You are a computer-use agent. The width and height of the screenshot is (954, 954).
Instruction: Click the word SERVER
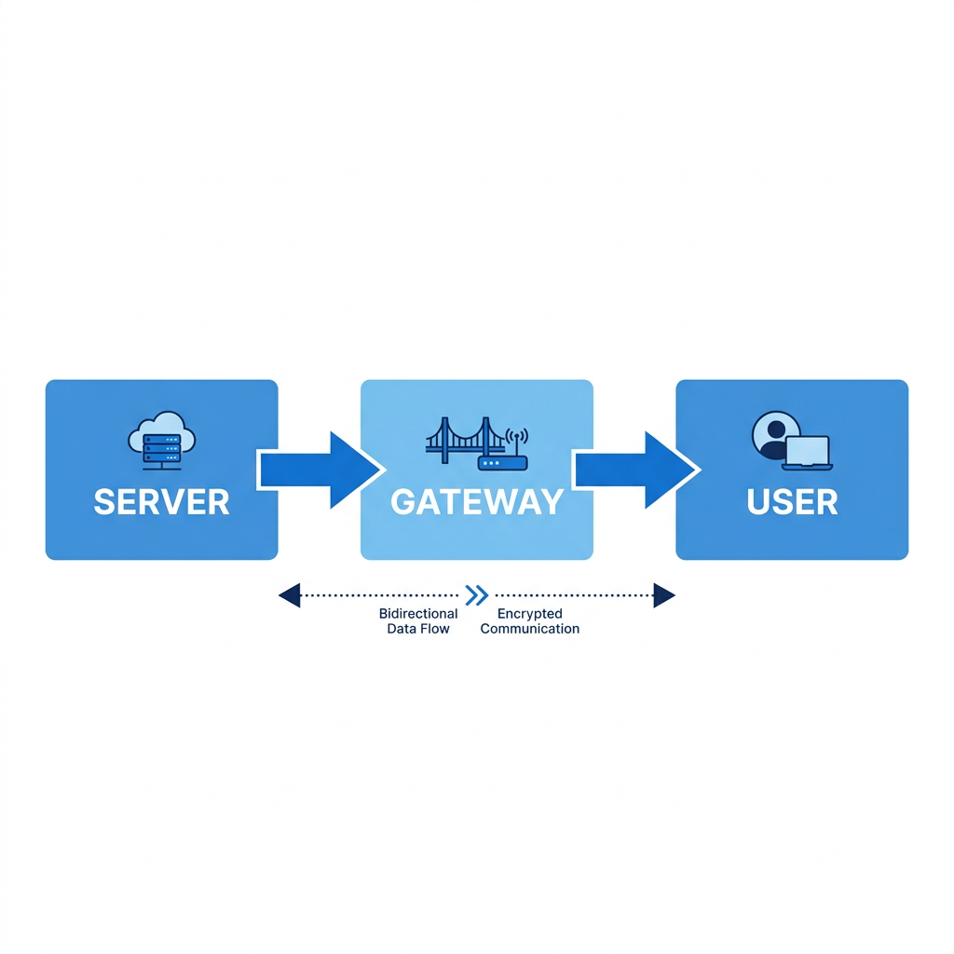click(x=162, y=502)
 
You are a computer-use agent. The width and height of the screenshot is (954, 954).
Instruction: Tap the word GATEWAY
click(x=477, y=502)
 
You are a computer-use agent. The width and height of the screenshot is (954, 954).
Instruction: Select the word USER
click(x=792, y=502)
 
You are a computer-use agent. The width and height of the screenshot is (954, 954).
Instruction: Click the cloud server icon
click(x=162, y=441)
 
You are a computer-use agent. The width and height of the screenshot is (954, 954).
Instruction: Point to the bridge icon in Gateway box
click(x=466, y=440)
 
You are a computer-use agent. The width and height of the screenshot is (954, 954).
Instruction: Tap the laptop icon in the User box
click(x=808, y=454)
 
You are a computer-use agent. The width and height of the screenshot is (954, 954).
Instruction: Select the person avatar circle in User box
click(x=775, y=434)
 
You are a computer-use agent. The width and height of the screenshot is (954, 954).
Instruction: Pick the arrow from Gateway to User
click(x=636, y=470)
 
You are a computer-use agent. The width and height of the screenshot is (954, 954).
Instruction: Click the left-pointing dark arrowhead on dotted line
click(x=290, y=595)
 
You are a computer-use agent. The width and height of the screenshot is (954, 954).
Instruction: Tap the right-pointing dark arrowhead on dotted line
click(x=664, y=595)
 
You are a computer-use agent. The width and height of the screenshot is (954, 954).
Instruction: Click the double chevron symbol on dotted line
click(x=476, y=595)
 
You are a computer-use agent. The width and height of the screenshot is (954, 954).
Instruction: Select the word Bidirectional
click(x=418, y=613)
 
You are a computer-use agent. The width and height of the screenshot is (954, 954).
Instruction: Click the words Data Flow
click(x=418, y=629)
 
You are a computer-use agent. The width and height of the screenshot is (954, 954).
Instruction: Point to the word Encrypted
click(x=529, y=614)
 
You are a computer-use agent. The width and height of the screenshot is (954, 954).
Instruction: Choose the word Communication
click(x=529, y=629)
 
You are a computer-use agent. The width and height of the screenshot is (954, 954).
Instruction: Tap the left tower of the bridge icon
click(x=444, y=440)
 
